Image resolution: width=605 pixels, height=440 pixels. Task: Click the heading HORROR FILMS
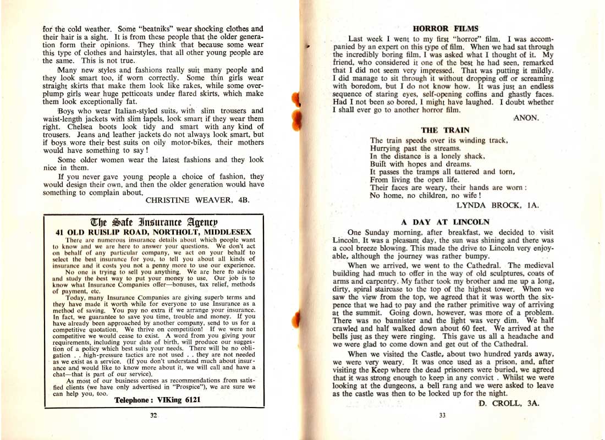tap(446, 28)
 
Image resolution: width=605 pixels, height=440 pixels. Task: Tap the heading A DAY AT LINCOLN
tap(445, 222)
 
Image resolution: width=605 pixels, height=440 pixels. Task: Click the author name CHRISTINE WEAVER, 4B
tap(198, 201)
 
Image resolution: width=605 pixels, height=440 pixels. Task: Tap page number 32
tap(153, 415)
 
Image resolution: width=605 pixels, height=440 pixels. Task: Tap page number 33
tap(442, 415)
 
